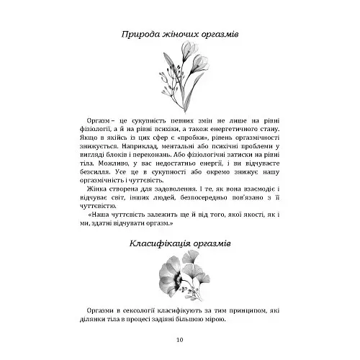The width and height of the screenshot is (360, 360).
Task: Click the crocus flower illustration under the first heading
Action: (179, 73)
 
